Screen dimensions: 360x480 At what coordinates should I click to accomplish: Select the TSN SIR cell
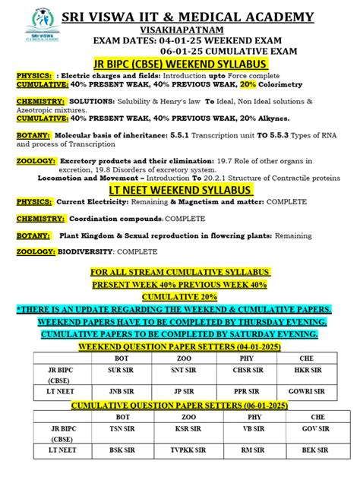(122, 428)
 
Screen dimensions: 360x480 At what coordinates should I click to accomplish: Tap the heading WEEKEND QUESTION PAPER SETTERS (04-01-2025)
(180, 346)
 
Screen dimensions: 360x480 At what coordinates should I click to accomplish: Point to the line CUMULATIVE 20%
(180, 297)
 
